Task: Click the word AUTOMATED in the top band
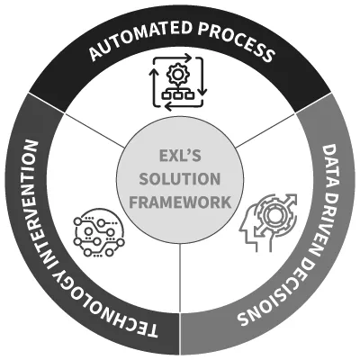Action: point(140,40)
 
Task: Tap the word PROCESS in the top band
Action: point(237,42)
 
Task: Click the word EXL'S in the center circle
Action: point(180,156)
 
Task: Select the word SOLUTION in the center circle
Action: point(180,179)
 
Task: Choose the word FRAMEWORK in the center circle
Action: point(180,202)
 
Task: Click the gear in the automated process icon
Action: point(177,74)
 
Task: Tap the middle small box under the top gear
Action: point(177,95)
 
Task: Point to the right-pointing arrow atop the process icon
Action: point(174,58)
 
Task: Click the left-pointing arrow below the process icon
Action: point(183,105)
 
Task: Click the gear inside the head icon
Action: point(273,213)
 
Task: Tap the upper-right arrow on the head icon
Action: point(289,201)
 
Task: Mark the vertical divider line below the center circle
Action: point(181,278)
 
